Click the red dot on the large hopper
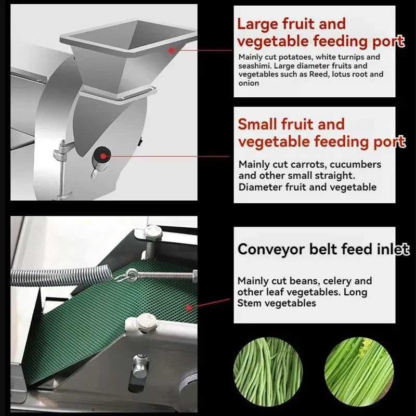coord(172,50)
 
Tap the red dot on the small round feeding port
coord(103,157)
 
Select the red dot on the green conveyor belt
coord(189,308)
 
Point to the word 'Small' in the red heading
coord(258,124)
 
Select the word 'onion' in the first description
coord(249,83)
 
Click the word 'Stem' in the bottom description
coord(249,303)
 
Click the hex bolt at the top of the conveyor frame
coord(153,232)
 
